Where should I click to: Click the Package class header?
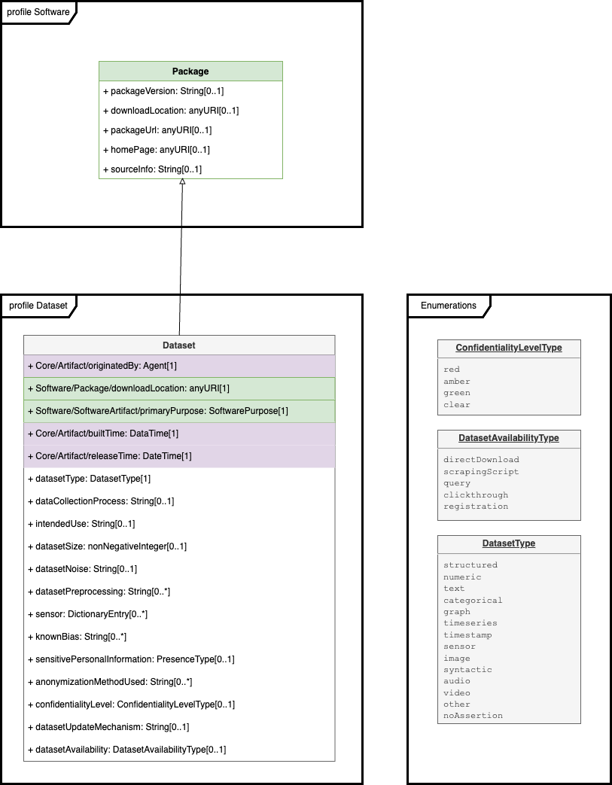pos(190,72)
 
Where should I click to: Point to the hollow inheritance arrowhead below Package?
pos(182,182)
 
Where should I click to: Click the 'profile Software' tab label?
pos(38,12)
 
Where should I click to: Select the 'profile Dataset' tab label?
pos(38,306)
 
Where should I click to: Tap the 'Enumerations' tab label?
pos(448,306)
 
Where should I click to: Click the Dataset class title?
pos(179,345)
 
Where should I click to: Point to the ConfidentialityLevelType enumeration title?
pos(509,348)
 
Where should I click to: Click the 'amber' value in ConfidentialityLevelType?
pos(456,382)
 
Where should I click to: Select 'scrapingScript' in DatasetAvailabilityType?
pos(481,472)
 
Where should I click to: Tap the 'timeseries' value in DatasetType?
pos(470,623)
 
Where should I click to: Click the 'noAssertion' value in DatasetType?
pos(473,716)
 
